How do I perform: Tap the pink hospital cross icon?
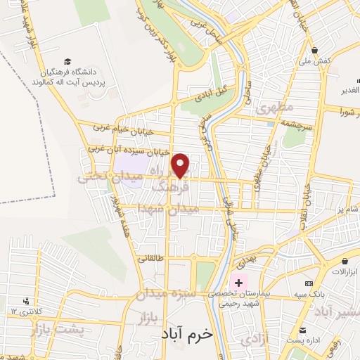point(239,283)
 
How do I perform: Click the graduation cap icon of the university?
point(67,62)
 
